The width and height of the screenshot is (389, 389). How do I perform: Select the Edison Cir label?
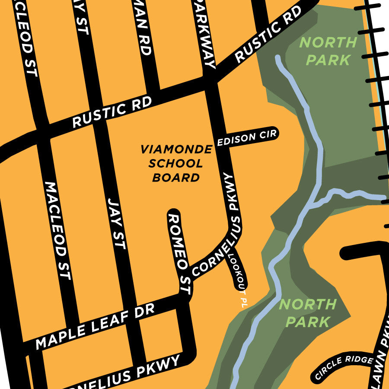pos(247,137)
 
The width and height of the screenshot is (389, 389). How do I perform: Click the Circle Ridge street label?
pos(344,367)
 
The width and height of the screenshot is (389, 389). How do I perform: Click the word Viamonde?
pos(176,150)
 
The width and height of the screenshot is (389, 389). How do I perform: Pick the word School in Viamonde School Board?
pos(175,163)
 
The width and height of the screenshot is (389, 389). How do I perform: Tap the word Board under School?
pos(176,177)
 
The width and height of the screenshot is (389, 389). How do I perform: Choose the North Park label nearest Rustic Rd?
pos(328,51)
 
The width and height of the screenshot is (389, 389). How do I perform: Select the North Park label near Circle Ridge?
pos(307,313)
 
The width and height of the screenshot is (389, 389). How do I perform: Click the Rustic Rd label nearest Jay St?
pos(112,112)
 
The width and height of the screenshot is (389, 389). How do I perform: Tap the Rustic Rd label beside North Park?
pos(268,35)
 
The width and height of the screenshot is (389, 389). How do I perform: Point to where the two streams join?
pos(312,202)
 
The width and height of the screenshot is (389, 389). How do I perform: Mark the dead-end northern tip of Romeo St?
pos(173,214)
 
